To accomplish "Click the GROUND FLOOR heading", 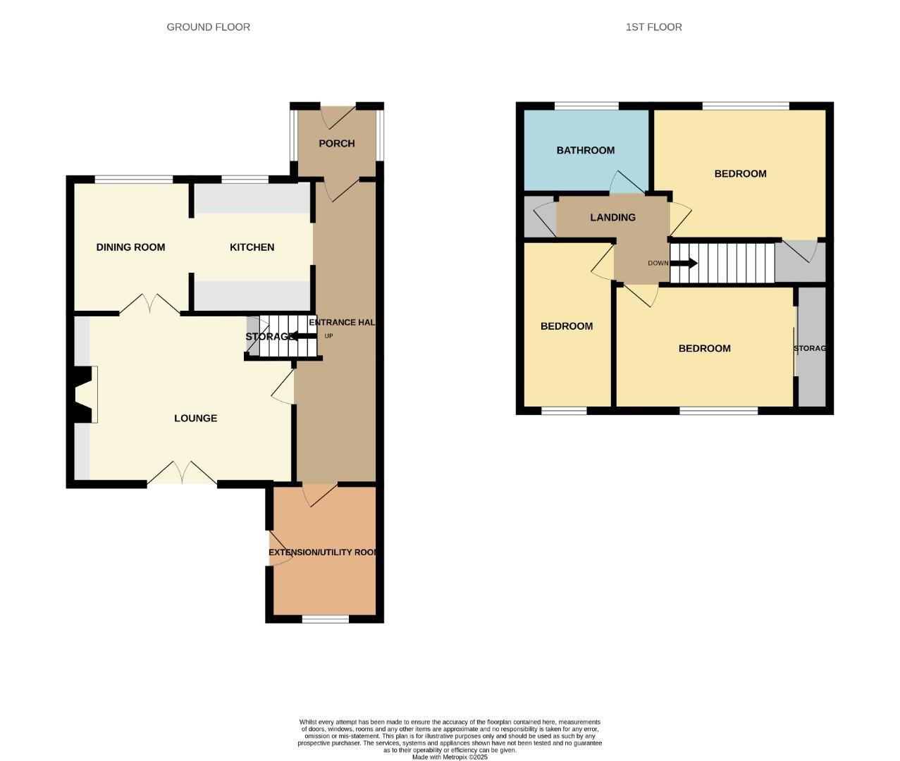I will pyautogui.click(x=208, y=27).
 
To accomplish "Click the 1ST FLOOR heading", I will pyautogui.click(x=653, y=27).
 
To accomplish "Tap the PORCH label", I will pyautogui.click(x=336, y=143).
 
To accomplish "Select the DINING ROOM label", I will pyautogui.click(x=130, y=247).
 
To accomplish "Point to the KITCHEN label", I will pyautogui.click(x=252, y=247).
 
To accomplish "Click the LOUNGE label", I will pyautogui.click(x=195, y=418).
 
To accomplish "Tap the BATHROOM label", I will pyautogui.click(x=585, y=150).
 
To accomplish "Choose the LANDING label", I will pyautogui.click(x=612, y=217).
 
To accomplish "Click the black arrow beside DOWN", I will pyautogui.click(x=684, y=264).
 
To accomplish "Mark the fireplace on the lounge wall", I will pyautogui.click(x=83, y=395).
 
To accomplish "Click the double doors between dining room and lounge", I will pyautogui.click(x=149, y=304).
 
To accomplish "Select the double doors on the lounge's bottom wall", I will pyautogui.click(x=182, y=473).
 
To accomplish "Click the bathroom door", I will pyautogui.click(x=627, y=183).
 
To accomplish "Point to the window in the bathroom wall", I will pyautogui.click(x=586, y=106).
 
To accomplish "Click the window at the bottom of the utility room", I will pyautogui.click(x=325, y=619).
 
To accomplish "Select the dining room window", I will pyautogui.click(x=134, y=180).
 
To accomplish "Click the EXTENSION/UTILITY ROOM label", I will pyautogui.click(x=324, y=552).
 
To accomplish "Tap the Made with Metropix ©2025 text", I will pyautogui.click(x=450, y=757).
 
